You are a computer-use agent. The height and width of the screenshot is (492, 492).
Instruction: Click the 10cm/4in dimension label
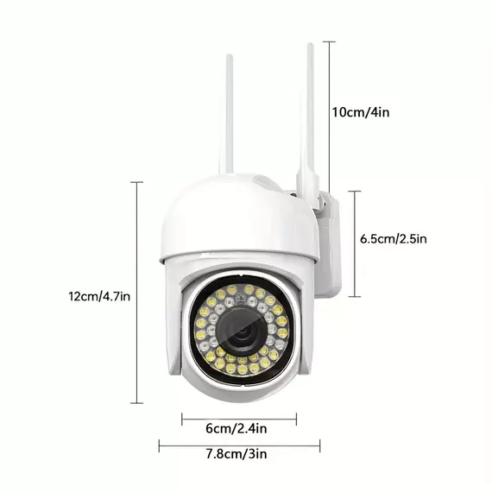(361, 112)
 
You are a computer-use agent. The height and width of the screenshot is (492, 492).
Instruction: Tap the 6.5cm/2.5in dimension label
(393, 239)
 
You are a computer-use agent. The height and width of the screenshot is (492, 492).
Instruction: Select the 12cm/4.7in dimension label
(99, 296)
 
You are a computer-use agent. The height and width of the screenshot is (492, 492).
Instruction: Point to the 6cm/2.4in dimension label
(237, 428)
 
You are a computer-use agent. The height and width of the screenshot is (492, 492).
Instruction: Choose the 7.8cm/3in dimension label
(237, 454)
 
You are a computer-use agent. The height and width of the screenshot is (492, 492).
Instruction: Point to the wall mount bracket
(329, 245)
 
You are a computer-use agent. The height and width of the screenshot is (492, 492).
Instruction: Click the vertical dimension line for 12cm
(136, 293)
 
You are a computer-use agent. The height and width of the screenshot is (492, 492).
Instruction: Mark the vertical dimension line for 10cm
(329, 117)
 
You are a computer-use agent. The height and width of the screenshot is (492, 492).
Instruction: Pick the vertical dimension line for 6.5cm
(355, 243)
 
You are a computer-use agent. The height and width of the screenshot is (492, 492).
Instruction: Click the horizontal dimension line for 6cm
(239, 419)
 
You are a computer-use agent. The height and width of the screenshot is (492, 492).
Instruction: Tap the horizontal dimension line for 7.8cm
(239, 445)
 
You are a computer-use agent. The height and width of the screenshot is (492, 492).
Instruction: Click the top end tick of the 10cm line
(329, 41)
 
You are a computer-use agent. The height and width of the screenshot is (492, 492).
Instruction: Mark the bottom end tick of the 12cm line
(136, 403)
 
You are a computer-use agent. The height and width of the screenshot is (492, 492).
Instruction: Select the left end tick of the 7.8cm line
(160, 445)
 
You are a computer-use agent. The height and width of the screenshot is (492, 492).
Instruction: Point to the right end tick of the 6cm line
(297, 419)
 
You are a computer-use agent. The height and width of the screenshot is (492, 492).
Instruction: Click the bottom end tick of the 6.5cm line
(355, 297)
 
